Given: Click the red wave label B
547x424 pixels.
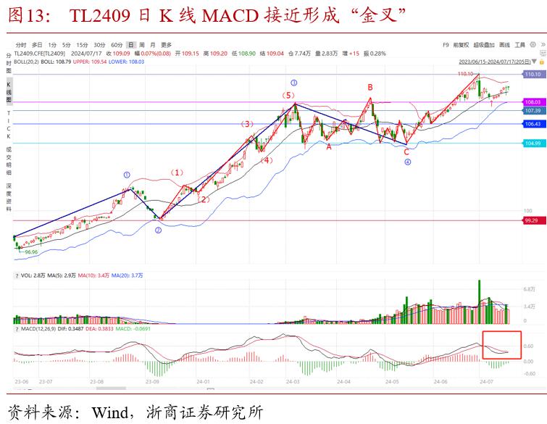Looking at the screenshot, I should click(369, 88).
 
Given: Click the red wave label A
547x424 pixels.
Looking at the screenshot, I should click(328, 146).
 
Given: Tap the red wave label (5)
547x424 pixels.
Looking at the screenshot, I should click(288, 96).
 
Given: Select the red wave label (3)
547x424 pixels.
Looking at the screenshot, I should click(248, 124).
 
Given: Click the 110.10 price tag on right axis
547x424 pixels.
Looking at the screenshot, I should click(533, 75).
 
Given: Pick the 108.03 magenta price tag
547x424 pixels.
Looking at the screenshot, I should click(533, 102).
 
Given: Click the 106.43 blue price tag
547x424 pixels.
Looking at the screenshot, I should click(533, 124).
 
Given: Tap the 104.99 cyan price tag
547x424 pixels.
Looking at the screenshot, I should click(533, 144).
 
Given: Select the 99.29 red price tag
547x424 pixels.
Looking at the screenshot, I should click(533, 220).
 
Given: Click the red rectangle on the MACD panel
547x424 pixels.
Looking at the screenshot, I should click(501, 344).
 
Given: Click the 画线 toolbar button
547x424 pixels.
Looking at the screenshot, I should click(504, 45).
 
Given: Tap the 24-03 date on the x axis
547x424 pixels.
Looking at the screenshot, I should click(293, 381).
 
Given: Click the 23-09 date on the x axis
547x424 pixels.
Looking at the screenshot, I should click(152, 381).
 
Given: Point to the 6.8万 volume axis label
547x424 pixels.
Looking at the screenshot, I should click(529, 289).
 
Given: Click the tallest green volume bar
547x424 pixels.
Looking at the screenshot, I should click(479, 302).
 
